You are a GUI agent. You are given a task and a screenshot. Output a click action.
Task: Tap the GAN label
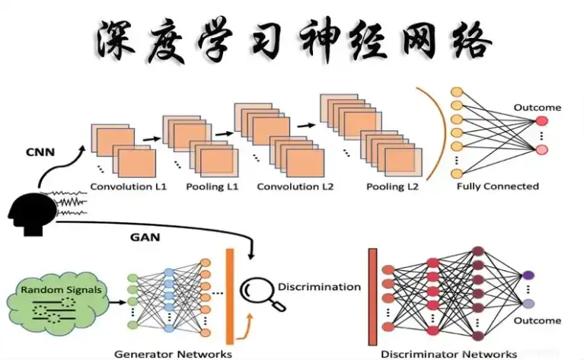tap(146, 237)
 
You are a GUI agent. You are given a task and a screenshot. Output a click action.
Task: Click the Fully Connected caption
tap(497, 186)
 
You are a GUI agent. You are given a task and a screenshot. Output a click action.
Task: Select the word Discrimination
tap(319, 287)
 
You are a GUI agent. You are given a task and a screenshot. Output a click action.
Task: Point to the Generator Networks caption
tap(173, 354)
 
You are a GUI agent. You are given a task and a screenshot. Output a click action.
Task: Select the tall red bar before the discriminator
tap(372, 297)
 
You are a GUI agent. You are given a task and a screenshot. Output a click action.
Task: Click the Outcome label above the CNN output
tap(537, 107)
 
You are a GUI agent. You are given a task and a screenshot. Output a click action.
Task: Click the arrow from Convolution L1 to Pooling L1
tap(151, 139)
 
